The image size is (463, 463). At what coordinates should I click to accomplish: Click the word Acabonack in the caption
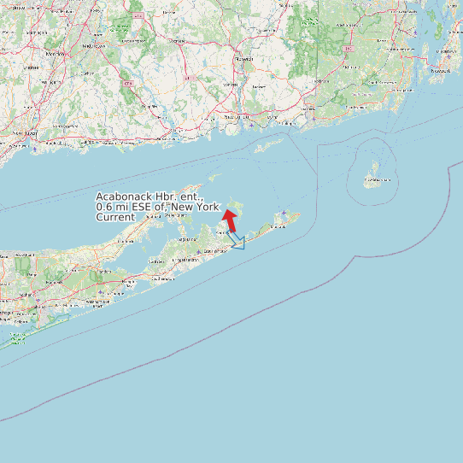[x=125, y=197]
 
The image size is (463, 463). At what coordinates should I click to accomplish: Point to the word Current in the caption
[x=115, y=218]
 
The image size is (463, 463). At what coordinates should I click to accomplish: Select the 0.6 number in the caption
[x=104, y=208]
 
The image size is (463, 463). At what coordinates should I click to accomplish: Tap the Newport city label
[x=441, y=71]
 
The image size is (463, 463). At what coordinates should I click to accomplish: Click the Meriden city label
[x=92, y=45]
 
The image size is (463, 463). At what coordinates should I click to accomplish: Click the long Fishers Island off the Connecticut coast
[x=267, y=146]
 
